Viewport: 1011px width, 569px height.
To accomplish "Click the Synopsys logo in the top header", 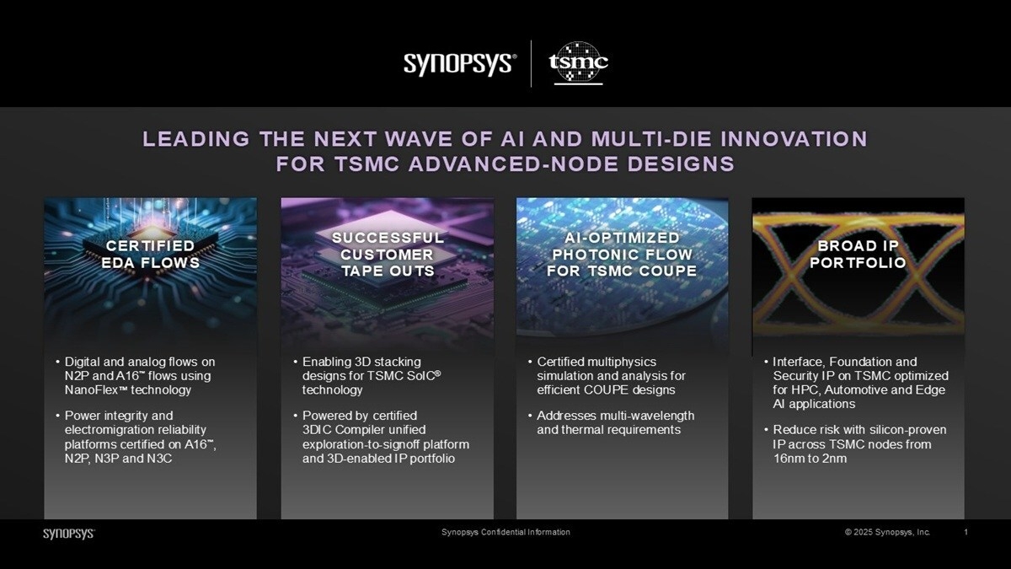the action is (460, 64).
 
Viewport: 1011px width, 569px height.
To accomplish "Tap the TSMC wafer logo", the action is (578, 62).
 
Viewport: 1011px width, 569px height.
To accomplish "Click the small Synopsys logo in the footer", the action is (69, 534).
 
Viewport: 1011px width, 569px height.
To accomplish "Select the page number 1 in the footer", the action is (966, 532).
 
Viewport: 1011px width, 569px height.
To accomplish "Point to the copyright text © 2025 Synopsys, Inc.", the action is (887, 532).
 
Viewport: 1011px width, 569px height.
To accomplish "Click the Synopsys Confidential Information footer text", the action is (505, 532).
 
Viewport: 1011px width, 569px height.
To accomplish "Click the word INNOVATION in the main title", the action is (794, 138).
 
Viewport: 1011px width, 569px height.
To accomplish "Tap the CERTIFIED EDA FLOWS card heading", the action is (150, 254).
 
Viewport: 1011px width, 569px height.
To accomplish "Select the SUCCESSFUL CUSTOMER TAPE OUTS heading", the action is (388, 255).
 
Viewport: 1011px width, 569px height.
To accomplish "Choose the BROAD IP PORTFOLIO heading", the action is (858, 254).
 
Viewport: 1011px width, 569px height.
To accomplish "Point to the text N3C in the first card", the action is (159, 459).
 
